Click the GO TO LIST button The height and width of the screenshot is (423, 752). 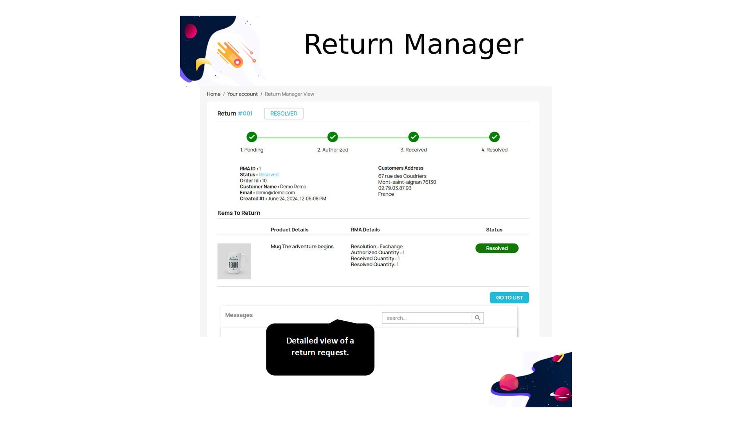(509, 298)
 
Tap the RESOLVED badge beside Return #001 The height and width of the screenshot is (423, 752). (284, 114)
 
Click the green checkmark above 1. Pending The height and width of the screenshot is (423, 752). (252, 137)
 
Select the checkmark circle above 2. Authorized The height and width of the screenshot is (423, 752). (333, 137)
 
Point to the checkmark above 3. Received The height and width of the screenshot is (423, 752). (414, 137)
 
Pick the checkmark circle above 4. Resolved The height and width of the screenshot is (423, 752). (494, 137)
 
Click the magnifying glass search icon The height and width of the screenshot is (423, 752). (477, 318)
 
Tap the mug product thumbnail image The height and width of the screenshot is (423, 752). (234, 261)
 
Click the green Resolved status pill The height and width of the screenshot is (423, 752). (497, 248)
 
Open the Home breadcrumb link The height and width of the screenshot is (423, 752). (213, 94)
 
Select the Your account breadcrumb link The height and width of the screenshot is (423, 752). (242, 94)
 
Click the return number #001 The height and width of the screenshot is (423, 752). (245, 114)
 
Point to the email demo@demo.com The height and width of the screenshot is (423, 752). (275, 193)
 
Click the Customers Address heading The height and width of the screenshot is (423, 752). (401, 168)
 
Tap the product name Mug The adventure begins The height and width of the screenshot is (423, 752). (302, 246)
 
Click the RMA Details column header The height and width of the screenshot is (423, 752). (365, 230)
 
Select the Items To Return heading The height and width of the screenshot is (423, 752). (239, 213)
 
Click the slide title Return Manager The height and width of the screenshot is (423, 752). (414, 44)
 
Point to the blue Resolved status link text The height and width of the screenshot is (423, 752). (268, 175)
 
